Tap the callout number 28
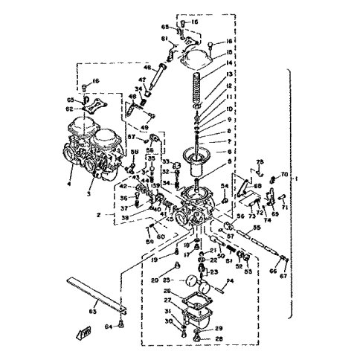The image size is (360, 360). pos(219,338)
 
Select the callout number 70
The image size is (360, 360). pos(283,175)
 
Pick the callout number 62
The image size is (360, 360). pos(70,108)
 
